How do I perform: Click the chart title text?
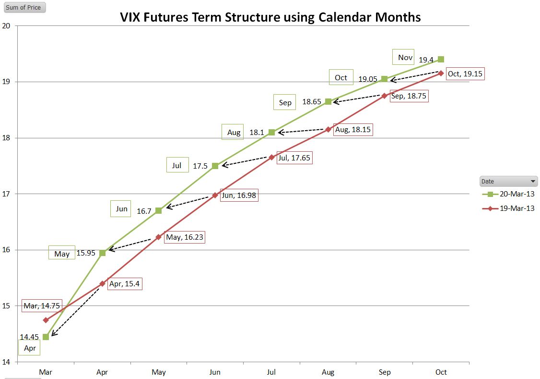270,17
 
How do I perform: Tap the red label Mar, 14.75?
42,306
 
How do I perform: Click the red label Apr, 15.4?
125,284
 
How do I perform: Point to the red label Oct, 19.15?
465,74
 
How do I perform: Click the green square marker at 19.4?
441,59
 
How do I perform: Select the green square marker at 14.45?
46,337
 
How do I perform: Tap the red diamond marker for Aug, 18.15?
328,129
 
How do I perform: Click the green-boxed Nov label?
405,58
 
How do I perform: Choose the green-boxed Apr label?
30,348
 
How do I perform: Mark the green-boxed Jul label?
177,165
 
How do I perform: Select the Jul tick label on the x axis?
271,372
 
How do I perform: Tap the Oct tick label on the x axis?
441,372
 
